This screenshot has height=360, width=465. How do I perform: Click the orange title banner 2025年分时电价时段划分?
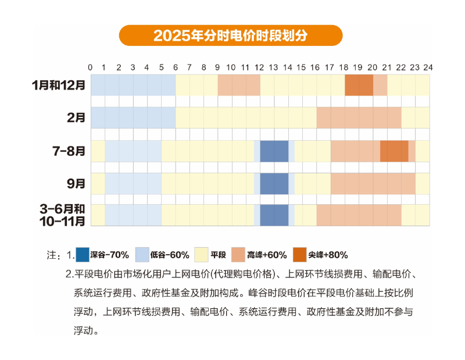pos(231,35)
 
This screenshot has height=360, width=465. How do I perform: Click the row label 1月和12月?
pos(59,85)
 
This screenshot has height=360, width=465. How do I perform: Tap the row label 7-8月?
pos(69,151)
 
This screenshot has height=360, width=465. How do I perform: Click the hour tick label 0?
pos(90,67)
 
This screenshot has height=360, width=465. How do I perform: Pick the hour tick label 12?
pos(259,67)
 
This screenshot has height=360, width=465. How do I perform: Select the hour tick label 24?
pos(428,67)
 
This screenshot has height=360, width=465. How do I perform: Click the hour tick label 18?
pos(344,67)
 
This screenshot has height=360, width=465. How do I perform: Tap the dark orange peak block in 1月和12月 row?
pos(359,85)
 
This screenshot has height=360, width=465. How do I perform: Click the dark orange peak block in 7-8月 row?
pos(394,151)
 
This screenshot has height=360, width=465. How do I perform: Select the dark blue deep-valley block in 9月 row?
pos(274,184)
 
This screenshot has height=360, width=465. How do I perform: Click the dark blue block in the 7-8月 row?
pos(274,151)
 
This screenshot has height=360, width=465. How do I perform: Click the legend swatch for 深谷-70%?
pos(83,255)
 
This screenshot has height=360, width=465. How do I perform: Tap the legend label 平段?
pos(218,255)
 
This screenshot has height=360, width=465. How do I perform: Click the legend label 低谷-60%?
pos(170,255)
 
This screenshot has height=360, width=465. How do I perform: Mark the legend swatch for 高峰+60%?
pos(238,255)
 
